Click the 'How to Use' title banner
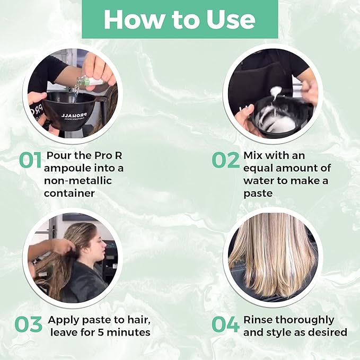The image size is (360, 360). point(180,19)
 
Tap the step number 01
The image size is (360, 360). point(30,161)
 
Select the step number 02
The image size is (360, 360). point(225,161)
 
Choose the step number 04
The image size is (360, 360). point(225,324)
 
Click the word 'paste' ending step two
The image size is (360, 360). point(258,194)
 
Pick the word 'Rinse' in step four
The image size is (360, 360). point(257,320)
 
